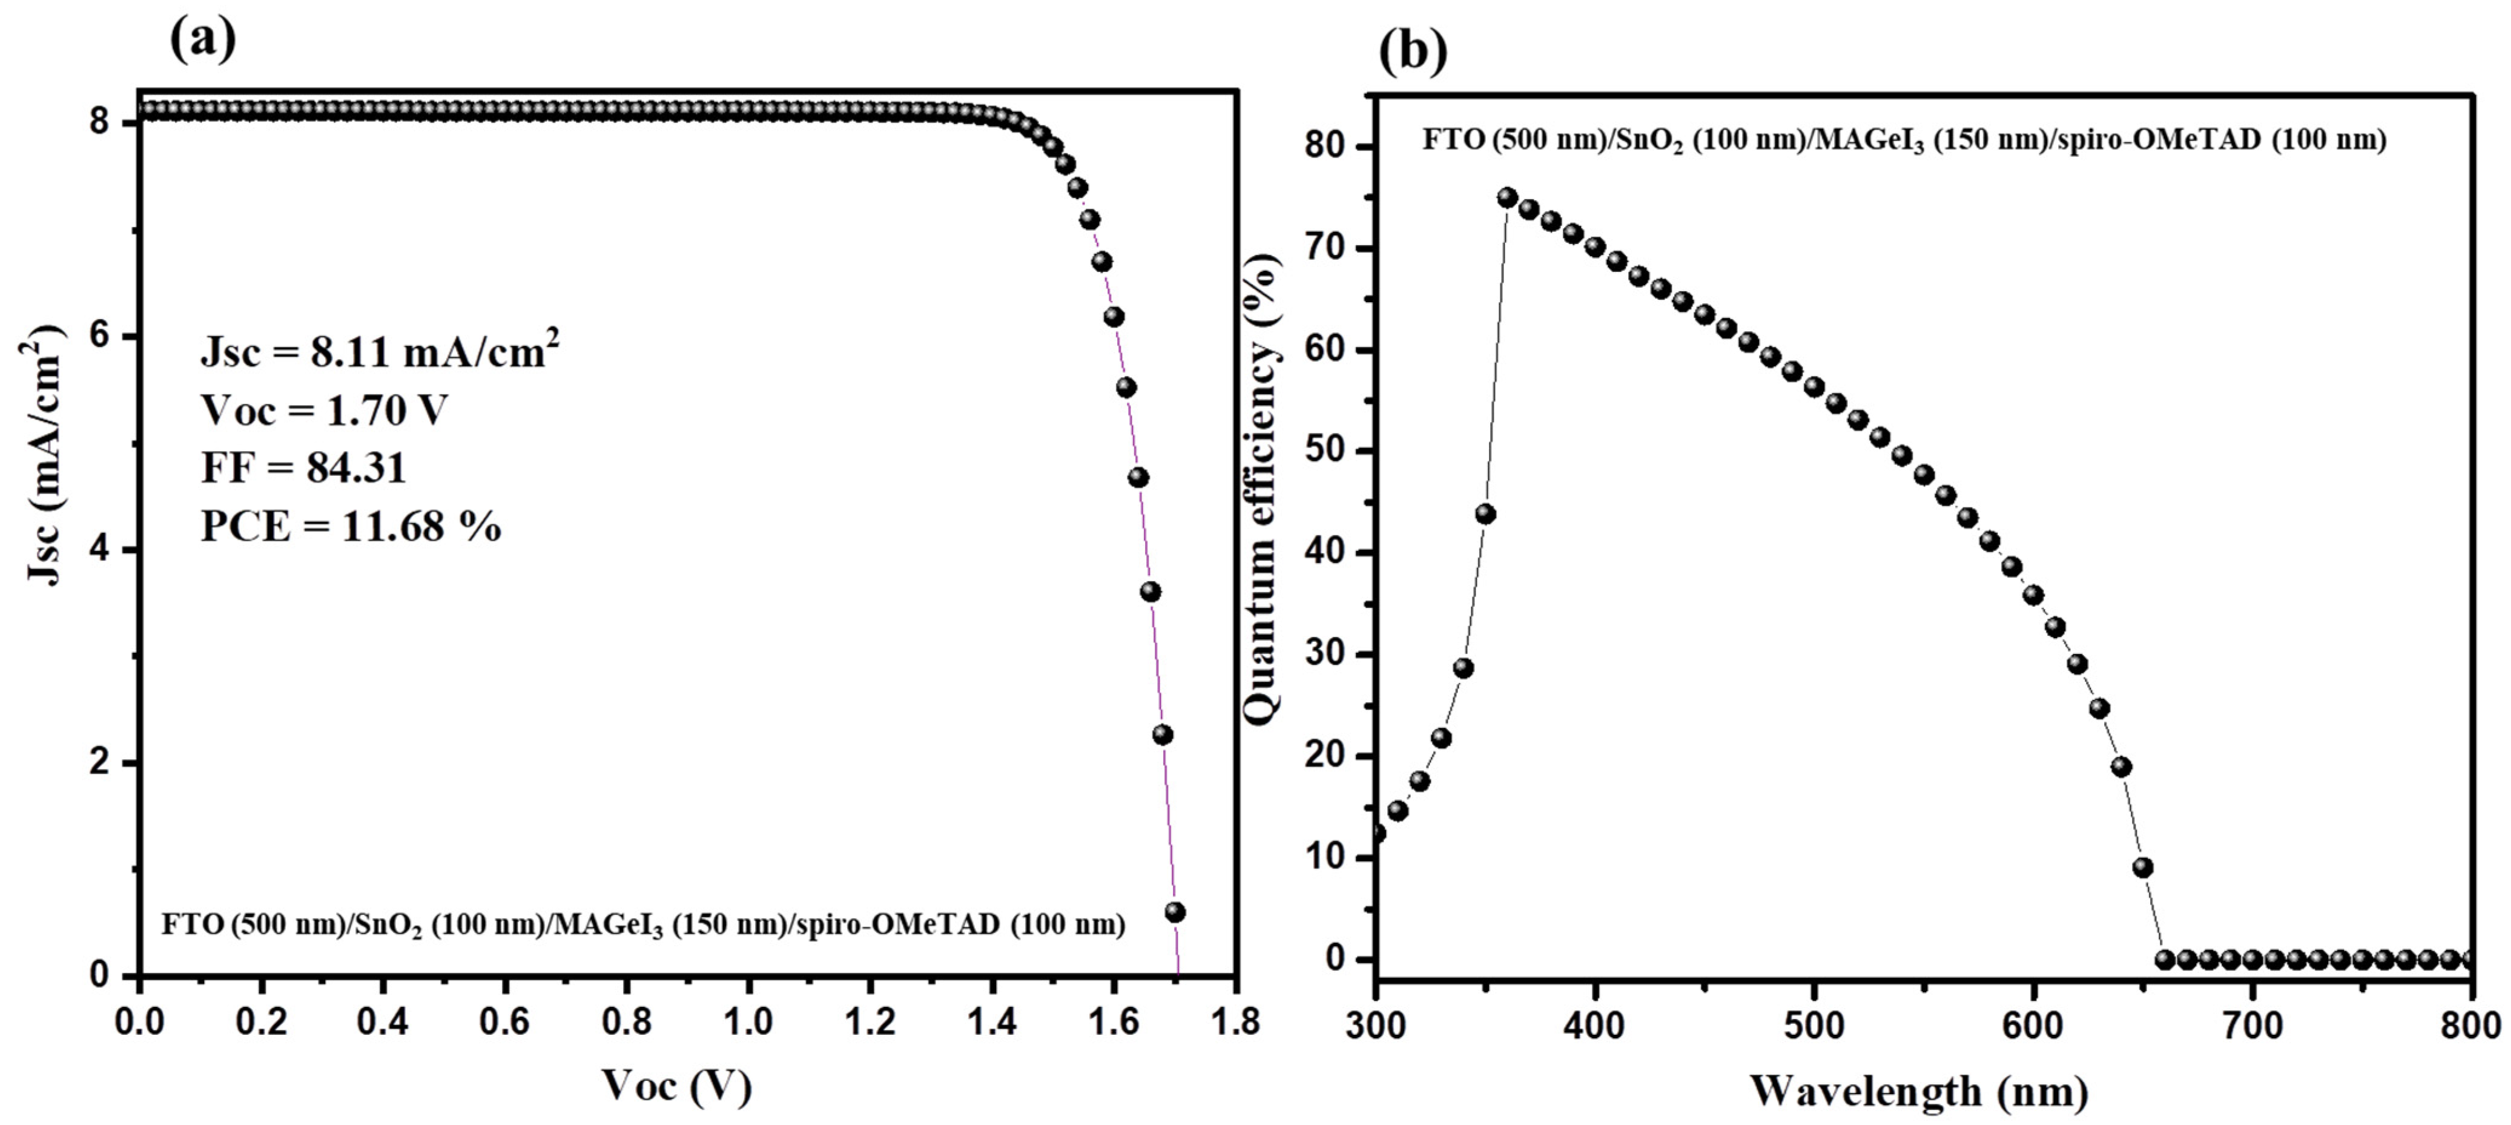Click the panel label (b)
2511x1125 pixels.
coord(1413,51)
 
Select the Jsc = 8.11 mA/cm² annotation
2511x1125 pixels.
coord(380,351)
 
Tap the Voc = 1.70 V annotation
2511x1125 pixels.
coord(323,411)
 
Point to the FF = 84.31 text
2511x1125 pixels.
coord(303,468)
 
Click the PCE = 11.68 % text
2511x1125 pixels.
coord(351,526)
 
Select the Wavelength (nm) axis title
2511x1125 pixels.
coord(1918,1090)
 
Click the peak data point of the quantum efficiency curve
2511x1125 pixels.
coord(1507,198)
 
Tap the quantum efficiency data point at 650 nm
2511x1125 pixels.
coord(2142,866)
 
